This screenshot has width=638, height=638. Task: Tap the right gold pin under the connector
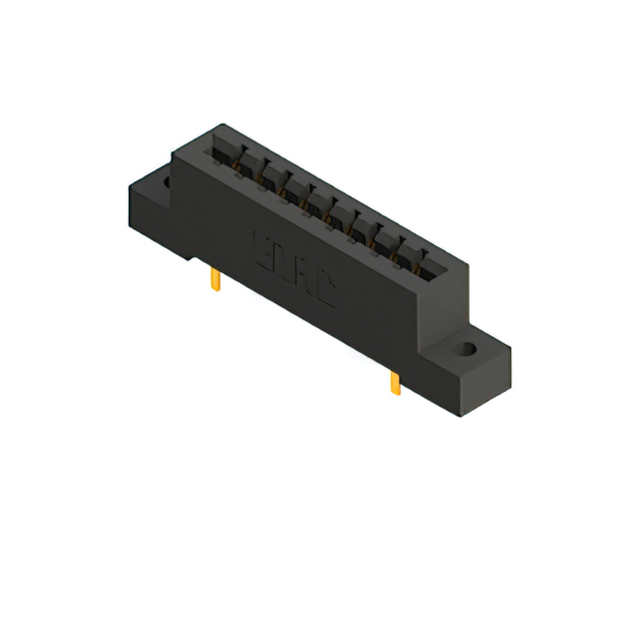point(394,384)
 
